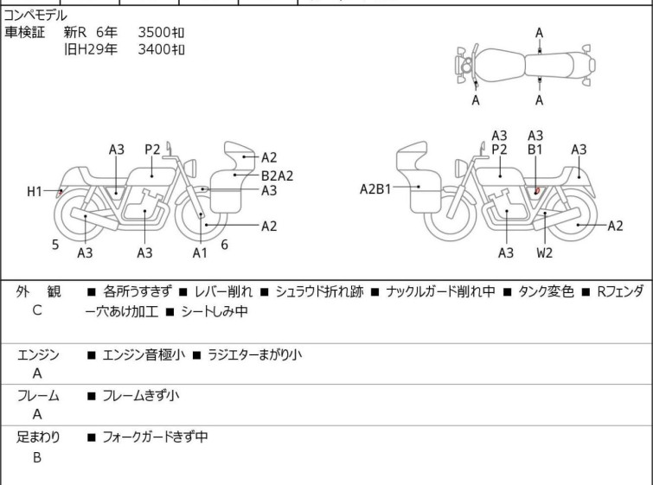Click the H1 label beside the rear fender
click(35, 192)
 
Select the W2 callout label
click(544, 252)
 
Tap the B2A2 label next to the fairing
click(277, 175)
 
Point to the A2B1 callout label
click(375, 189)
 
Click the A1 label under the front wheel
click(200, 252)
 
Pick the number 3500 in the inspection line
click(154, 32)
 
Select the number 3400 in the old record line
click(154, 49)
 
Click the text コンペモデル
click(35, 16)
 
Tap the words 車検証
click(24, 32)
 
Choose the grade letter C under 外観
click(37, 310)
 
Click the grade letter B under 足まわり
click(37, 457)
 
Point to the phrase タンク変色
click(546, 291)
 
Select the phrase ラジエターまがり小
click(254, 354)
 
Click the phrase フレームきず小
click(141, 395)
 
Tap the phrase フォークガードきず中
click(155, 437)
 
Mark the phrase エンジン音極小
click(144, 354)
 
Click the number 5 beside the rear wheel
click(55, 245)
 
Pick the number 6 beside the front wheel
click(225, 245)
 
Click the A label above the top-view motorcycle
click(540, 33)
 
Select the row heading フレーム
click(38, 395)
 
